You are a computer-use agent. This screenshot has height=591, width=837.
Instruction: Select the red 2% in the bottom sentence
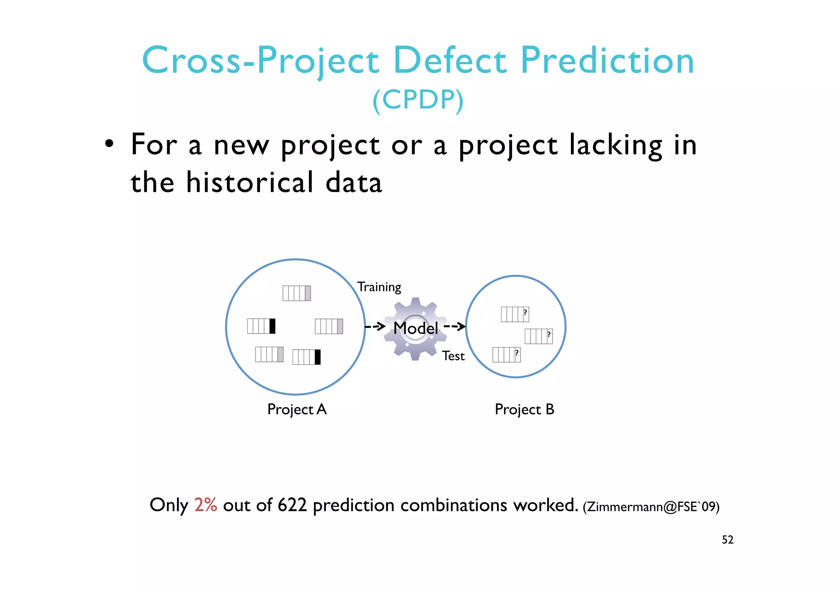point(205,505)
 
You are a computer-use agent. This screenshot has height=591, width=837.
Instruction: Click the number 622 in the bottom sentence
point(292,505)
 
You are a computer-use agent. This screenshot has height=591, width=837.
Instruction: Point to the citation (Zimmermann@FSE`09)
point(651,507)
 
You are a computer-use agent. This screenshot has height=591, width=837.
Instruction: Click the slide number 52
point(727,540)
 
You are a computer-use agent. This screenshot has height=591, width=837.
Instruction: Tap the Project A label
point(297,409)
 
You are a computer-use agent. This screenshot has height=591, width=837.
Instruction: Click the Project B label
point(524,409)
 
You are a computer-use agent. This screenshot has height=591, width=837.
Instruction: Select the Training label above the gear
point(379,287)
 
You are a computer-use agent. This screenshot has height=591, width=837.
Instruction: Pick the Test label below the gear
point(453,356)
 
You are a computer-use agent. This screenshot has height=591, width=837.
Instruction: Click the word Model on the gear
point(415,328)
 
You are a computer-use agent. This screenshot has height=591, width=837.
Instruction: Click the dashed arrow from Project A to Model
point(375,326)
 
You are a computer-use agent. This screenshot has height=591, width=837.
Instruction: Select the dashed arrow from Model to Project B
point(454,326)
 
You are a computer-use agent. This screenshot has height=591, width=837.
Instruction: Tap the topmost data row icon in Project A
point(297,293)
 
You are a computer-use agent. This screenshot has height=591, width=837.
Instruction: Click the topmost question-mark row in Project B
point(515,314)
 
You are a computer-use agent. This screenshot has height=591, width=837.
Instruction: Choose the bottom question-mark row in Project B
point(506,355)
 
